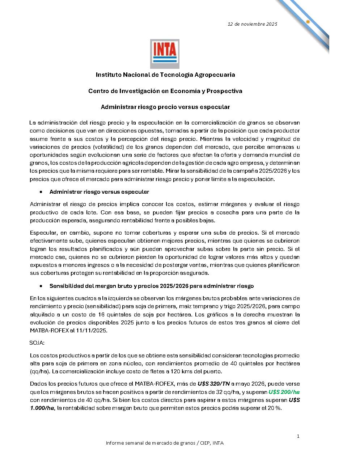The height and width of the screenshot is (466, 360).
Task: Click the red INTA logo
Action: coord(165,54)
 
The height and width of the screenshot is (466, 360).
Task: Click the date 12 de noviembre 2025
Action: coord(252,24)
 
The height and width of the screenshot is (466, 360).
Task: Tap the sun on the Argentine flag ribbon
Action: coord(308,22)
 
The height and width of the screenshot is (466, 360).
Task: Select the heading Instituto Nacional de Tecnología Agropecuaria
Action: coord(165,75)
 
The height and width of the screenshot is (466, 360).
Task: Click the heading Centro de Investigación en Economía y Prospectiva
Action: coord(165,91)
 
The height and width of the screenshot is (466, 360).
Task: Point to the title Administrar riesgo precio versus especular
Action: coord(165,107)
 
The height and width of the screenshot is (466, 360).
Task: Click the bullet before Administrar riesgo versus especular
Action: coord(41,192)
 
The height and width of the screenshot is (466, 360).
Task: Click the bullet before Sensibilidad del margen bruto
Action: coord(41,286)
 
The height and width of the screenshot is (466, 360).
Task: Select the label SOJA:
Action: coord(37,343)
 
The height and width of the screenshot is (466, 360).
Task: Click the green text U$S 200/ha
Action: coord(284,392)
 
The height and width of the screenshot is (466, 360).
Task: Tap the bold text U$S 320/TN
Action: coord(213,384)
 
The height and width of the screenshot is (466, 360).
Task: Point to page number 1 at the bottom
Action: coord(298,436)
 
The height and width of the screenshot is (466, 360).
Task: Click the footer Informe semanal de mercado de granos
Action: coord(165,443)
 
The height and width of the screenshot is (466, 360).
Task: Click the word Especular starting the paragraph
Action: coord(42,233)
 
